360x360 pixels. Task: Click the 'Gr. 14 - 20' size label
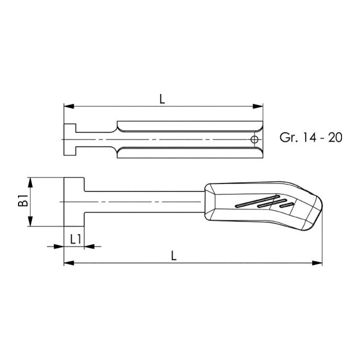tap(311, 137)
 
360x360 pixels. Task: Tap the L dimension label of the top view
tap(162, 99)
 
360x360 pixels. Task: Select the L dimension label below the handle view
tap(174, 255)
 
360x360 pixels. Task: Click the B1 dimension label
tap(23, 200)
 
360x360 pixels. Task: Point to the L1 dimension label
tap(75, 239)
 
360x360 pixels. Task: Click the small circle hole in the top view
tap(254, 139)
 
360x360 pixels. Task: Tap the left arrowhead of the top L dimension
tap(69, 106)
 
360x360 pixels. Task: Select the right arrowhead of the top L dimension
tap(257, 106)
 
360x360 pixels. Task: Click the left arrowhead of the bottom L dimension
tap(69, 263)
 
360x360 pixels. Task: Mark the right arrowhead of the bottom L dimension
tap(317, 263)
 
